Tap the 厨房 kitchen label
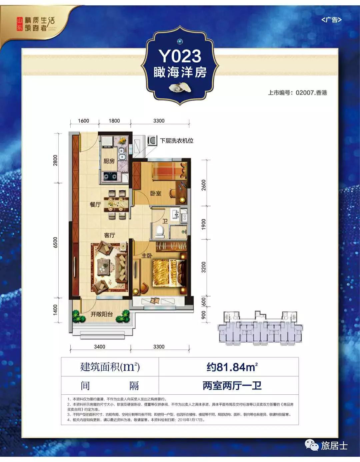tap(109, 161)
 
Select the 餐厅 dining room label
tap(95, 205)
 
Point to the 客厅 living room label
tap(109, 235)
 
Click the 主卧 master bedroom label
tap(147, 256)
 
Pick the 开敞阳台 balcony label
tap(102, 314)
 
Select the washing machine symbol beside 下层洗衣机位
tap(152, 141)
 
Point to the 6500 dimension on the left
tap(55, 242)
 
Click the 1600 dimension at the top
tap(83, 121)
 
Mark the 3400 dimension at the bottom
tap(99, 347)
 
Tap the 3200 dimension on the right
tap(204, 267)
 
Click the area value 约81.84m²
tap(232, 367)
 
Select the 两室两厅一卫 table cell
tap(232, 386)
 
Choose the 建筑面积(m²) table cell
tap(110, 367)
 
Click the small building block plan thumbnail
tap(260, 328)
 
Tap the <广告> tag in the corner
tap(331, 20)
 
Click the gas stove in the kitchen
tap(110, 176)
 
